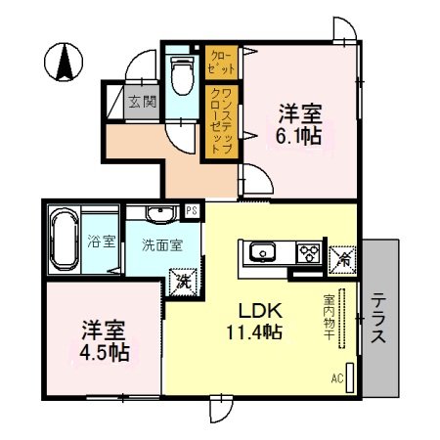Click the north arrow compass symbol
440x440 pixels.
pyautogui.click(x=64, y=64)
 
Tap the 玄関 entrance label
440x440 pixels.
pyautogui.click(x=138, y=101)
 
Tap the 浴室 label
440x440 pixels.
pyautogui.click(x=97, y=241)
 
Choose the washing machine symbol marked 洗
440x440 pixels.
pyautogui.click(x=182, y=280)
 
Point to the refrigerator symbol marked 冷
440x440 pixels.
pyautogui.click(x=345, y=257)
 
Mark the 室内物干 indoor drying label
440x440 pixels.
pyautogui.click(x=330, y=312)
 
